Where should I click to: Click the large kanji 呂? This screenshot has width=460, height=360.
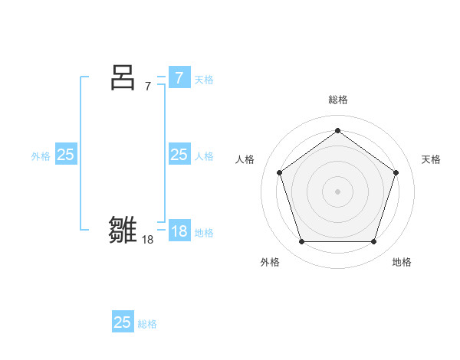(123, 77)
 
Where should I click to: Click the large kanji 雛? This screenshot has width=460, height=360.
(123, 230)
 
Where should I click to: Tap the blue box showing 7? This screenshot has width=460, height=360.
(179, 78)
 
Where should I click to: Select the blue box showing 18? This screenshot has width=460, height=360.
(179, 231)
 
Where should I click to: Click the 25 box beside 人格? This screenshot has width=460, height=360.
(179, 155)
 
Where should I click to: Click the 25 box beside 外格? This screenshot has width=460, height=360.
(66, 155)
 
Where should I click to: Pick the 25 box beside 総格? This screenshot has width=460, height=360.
(123, 322)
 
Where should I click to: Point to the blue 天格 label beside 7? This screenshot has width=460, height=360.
(204, 79)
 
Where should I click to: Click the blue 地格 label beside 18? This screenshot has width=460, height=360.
(204, 232)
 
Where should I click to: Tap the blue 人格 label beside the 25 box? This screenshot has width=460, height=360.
(204, 155)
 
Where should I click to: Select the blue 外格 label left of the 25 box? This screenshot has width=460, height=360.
(41, 155)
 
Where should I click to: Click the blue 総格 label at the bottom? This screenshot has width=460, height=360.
(147, 324)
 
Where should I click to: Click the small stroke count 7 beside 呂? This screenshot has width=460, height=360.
(148, 87)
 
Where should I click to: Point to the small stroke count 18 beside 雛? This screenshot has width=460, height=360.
(148, 240)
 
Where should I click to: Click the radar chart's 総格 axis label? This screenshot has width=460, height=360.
(337, 100)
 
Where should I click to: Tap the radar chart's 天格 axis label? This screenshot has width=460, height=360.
(431, 159)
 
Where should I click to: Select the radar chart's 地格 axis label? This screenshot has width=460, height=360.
(402, 262)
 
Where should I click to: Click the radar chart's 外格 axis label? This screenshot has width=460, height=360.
(270, 262)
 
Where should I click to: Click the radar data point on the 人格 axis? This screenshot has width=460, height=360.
(279, 172)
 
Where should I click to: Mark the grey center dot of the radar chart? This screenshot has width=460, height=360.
(337, 191)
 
